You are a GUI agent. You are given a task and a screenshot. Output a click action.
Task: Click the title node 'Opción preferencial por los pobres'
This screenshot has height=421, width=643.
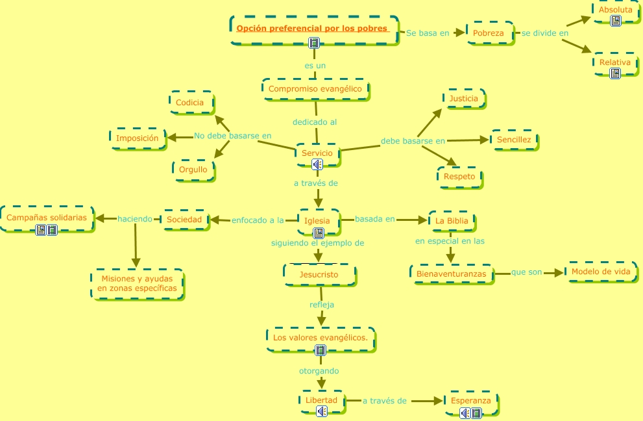coord(312,29)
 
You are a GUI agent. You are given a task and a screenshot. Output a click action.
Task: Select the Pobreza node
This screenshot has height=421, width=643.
coord(489,33)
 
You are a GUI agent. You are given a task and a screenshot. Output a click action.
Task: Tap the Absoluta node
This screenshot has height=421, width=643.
coord(615,10)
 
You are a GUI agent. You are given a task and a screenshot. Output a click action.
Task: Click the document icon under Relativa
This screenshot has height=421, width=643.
coord(615,73)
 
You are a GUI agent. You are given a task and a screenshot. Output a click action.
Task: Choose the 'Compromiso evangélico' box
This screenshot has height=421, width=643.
coord(315,88)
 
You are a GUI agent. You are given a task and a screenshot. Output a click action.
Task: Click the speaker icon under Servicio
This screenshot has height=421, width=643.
coord(317,164)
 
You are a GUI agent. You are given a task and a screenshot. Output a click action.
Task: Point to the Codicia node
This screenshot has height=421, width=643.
coord(190,102)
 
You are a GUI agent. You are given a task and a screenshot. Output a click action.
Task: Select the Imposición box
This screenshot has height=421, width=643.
coord(138,138)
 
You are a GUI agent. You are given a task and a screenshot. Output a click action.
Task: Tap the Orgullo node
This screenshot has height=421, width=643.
coord(193,170)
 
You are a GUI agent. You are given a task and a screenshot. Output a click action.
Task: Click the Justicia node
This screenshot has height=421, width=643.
coord(463,99)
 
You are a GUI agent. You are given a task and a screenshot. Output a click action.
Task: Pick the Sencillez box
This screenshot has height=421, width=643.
coord(514,140)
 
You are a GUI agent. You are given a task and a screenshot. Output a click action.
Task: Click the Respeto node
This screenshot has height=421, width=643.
coord(459,177)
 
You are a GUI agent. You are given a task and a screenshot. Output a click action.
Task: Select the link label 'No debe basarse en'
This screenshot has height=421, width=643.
coord(232,136)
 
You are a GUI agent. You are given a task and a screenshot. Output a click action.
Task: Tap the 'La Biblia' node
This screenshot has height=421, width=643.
coord(452,220)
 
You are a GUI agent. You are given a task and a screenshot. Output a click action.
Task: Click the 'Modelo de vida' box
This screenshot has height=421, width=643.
coord(601,272)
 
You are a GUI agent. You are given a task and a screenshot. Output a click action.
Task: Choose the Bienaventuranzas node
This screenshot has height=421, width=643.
coord(452,274)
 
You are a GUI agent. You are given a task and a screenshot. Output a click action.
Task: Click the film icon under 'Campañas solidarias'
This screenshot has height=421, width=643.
coord(53,230)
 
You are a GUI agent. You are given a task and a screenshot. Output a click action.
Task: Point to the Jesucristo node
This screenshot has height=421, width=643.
coord(319,275)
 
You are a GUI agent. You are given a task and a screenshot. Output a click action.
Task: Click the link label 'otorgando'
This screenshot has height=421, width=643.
coord(319,371)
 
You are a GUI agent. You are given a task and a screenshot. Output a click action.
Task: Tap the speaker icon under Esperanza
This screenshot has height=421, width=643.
coord(465,413)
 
